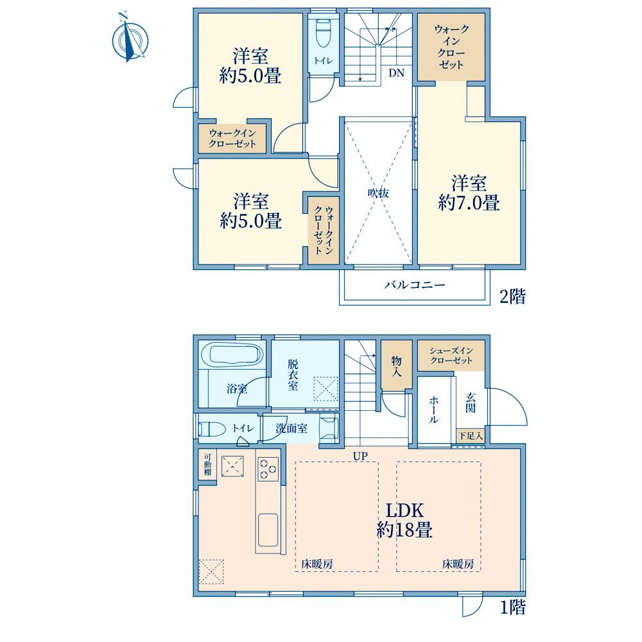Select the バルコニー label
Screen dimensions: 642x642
414,284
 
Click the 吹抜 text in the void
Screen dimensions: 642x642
378,193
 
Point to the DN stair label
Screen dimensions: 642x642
396,73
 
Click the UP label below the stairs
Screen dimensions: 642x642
361,456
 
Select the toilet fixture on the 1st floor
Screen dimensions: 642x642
213,429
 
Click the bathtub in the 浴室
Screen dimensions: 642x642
232,354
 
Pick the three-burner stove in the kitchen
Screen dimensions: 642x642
268,469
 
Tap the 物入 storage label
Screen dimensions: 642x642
396,367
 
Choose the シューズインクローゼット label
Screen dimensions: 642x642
451,356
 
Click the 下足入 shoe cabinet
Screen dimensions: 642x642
471,436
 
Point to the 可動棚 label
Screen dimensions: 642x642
207,464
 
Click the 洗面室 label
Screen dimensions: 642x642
291,428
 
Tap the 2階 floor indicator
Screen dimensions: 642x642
512,296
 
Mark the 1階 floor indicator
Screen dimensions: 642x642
512,607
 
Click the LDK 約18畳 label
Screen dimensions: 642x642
404,520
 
